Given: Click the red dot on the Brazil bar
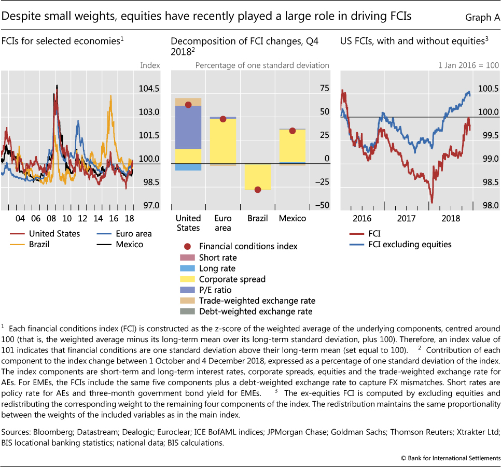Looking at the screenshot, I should [x=258, y=190].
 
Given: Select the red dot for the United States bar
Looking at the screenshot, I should [x=188, y=105].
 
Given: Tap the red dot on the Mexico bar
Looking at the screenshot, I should [x=293, y=131].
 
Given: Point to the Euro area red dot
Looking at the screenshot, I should [x=223, y=119].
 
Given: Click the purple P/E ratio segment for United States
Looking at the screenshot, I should [x=188, y=128].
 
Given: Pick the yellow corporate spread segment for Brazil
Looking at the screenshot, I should [x=258, y=177].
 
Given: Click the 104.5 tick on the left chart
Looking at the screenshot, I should [x=149, y=89].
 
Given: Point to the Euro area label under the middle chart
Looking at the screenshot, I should [x=223, y=223].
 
